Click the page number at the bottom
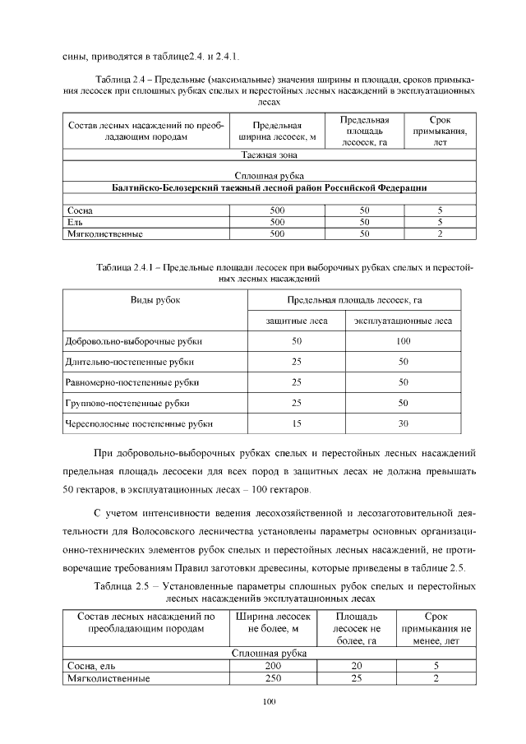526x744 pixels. click(x=267, y=700)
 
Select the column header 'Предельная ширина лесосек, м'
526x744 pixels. click(x=277, y=131)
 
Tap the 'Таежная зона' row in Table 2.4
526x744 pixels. click(x=269, y=154)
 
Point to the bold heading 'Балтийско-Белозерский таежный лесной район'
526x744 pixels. click(x=269, y=187)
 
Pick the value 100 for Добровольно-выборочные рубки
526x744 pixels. click(x=403, y=340)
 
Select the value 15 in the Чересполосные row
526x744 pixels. click(x=297, y=423)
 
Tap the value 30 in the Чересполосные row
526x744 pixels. click(x=403, y=423)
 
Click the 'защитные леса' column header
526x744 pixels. click(x=297, y=320)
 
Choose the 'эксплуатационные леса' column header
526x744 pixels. click(x=403, y=320)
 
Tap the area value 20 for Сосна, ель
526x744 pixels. click(x=357, y=666)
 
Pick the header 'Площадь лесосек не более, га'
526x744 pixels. click(x=357, y=628)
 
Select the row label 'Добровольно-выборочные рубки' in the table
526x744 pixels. click(x=132, y=340)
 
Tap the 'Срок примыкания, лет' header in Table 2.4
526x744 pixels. click(x=440, y=130)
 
